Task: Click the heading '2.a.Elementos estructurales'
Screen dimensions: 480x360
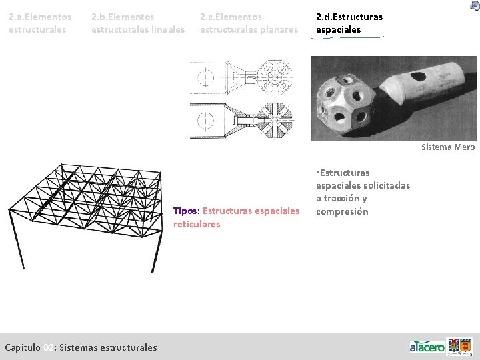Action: (x=40, y=23)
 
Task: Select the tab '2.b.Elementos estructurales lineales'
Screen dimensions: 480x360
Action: (x=137, y=23)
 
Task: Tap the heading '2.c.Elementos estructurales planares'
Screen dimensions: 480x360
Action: (x=249, y=23)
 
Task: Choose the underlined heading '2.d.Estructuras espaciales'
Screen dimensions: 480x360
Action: (x=349, y=23)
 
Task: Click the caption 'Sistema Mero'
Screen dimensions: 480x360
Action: (x=447, y=147)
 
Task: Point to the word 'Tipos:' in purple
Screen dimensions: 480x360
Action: (x=186, y=211)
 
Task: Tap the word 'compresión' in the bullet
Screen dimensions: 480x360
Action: (x=341, y=211)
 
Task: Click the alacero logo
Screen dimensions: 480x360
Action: (x=427, y=347)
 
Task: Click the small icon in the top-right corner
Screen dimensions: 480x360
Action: (x=474, y=5)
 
